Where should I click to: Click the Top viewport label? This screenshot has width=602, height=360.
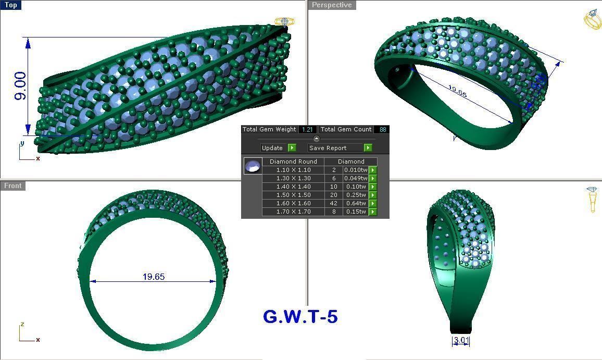[10, 5]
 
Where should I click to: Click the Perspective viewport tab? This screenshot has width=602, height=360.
[332, 5]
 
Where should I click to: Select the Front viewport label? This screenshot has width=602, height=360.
[13, 185]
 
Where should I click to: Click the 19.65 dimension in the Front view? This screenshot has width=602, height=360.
[153, 277]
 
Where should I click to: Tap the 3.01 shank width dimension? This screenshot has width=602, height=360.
[461, 341]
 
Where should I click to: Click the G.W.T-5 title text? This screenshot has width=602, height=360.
[300, 316]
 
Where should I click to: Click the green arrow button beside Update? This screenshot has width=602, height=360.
[292, 148]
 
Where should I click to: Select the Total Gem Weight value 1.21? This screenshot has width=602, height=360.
[307, 129]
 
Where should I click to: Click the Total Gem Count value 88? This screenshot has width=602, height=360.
[383, 129]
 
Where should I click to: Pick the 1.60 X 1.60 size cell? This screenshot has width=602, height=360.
[293, 203]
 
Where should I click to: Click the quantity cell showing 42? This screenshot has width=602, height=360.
[333, 203]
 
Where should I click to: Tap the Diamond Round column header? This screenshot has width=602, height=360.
[293, 162]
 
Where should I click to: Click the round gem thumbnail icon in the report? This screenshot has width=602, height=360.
[253, 166]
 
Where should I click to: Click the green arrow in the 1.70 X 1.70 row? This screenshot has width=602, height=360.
[373, 212]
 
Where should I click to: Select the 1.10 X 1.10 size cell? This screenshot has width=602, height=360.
[293, 170]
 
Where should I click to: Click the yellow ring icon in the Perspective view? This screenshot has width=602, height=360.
[592, 19]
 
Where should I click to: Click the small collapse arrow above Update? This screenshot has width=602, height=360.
[317, 139]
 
